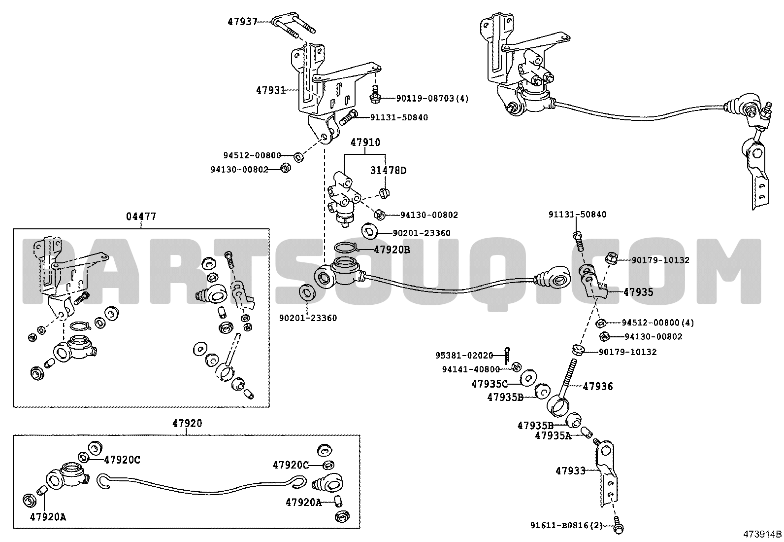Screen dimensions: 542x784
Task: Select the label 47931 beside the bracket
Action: coord(270,90)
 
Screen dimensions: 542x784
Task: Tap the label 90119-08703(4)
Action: coord(432,99)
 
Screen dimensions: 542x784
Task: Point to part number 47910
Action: coord(365,143)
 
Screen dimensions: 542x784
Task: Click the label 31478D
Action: coord(388,171)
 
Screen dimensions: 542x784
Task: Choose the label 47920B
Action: coord(392,250)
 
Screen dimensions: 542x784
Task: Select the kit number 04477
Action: coord(141,217)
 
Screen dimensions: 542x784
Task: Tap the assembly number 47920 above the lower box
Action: coord(187,423)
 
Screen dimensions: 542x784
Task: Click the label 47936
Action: coord(598,387)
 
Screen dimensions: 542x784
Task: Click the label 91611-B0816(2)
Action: coord(566,526)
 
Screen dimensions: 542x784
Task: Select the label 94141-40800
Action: coord(470,369)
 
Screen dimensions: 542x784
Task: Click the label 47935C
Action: coord(489,384)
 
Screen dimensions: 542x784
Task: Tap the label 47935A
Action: coord(553,435)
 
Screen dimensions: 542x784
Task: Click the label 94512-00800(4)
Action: coord(657,323)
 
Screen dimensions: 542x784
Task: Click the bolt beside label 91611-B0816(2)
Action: coord(619,527)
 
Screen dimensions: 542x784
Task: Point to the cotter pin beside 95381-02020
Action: coord(508,353)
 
